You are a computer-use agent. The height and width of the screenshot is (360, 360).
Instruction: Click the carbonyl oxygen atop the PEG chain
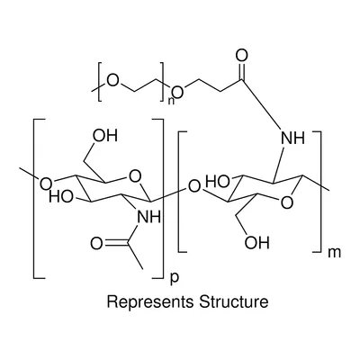pos(242,56)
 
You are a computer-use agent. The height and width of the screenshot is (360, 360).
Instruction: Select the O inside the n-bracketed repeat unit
pos(113,80)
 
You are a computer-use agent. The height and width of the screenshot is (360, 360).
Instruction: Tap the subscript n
pos(171,101)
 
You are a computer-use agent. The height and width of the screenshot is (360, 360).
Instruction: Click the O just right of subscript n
pos(177,92)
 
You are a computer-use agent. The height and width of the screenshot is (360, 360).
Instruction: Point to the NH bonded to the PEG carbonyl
pos(292,138)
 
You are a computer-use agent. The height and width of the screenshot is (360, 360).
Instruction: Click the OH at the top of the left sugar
pos(105,136)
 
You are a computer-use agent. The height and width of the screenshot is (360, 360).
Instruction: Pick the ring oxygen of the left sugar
pos(135,176)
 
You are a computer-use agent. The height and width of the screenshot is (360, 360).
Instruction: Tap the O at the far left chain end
pos(46,184)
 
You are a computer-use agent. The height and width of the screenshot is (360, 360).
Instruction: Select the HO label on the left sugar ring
pos(61,197)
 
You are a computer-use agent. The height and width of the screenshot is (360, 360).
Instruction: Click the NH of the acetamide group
pos(148,217)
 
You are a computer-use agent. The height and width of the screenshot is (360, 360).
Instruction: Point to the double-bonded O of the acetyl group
pos(96,244)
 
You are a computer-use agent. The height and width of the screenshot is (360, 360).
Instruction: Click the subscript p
pos(174,278)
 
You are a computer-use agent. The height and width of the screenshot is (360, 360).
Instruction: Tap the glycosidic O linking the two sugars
pos(194,186)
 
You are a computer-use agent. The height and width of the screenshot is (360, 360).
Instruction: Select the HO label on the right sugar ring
pos(218,182)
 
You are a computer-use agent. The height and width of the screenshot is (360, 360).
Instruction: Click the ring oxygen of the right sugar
pos(287,202)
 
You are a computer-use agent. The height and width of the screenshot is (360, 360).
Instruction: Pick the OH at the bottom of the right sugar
pos(256,242)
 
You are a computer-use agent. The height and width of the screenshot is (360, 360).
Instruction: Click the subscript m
pos(335,253)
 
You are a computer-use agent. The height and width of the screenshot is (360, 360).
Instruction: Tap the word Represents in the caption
pos(150,301)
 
